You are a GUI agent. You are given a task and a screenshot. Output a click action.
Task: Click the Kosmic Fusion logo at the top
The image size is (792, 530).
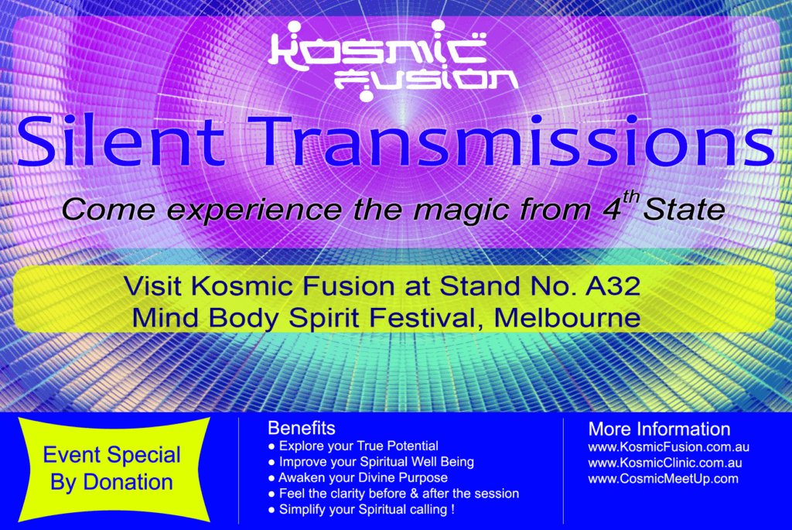(x=392, y=60)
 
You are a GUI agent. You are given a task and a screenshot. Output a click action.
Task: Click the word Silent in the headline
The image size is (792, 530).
(x=121, y=142)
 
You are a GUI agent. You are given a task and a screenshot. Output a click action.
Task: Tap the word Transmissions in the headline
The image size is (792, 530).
(x=516, y=142)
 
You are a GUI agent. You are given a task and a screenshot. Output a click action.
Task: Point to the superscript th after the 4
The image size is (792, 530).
(x=631, y=197)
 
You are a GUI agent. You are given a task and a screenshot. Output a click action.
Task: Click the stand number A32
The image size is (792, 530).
(x=613, y=286)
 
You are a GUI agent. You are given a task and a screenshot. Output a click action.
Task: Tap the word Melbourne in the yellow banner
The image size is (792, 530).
(x=567, y=318)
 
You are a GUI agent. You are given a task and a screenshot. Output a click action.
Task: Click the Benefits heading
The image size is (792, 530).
(x=302, y=429)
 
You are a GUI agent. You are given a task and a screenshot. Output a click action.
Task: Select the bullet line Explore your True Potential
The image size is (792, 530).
(x=353, y=446)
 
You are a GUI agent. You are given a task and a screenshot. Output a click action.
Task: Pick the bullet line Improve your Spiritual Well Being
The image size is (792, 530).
(x=371, y=462)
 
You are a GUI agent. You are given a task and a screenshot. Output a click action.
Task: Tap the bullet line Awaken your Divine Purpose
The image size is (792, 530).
(x=358, y=478)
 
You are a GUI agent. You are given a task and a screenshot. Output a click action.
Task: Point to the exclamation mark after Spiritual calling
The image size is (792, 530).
(x=452, y=509)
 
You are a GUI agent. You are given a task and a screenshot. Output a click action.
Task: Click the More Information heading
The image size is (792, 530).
(x=659, y=429)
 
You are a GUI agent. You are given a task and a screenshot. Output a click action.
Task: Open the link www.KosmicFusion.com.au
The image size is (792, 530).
(x=669, y=447)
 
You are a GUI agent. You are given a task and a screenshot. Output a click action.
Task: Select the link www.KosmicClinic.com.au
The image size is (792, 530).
(x=665, y=463)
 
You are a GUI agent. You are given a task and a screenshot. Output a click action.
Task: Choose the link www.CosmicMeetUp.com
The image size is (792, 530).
(x=663, y=479)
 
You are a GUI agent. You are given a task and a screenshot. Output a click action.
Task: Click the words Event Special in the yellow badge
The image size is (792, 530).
(x=111, y=456)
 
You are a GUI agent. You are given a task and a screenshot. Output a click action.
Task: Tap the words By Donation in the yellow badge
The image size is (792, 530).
(x=111, y=483)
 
